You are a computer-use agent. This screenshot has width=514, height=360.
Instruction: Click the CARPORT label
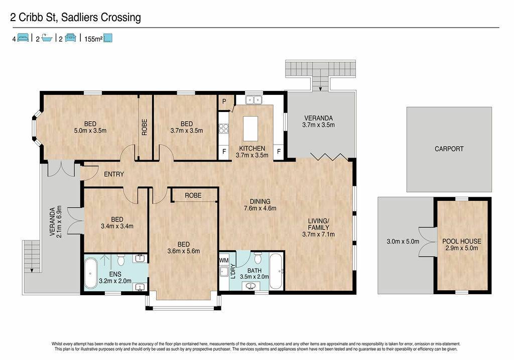(x=449, y=149)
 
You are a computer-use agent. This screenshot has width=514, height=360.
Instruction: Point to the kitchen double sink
(x=253, y=99)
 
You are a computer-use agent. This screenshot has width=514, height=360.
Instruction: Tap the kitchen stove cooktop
(x=224, y=128)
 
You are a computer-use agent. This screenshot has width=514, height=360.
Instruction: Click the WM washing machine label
(x=224, y=260)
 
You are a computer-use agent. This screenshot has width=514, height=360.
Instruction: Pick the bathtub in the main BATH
(x=276, y=271)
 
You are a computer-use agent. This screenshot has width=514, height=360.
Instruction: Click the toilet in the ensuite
(x=121, y=260)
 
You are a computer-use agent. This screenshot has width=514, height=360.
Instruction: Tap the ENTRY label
(x=114, y=174)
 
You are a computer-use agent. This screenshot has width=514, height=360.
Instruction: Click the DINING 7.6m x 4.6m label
(x=260, y=205)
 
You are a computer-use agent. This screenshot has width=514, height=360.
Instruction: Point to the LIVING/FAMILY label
(x=318, y=224)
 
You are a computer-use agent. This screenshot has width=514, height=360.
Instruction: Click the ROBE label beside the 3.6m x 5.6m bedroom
(x=193, y=195)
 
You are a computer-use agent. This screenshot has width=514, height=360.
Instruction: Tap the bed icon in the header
(x=23, y=38)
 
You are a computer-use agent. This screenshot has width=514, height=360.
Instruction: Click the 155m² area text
(x=93, y=39)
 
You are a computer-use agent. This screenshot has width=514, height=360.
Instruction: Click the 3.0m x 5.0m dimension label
(x=403, y=242)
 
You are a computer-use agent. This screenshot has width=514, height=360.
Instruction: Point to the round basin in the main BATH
(x=252, y=286)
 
